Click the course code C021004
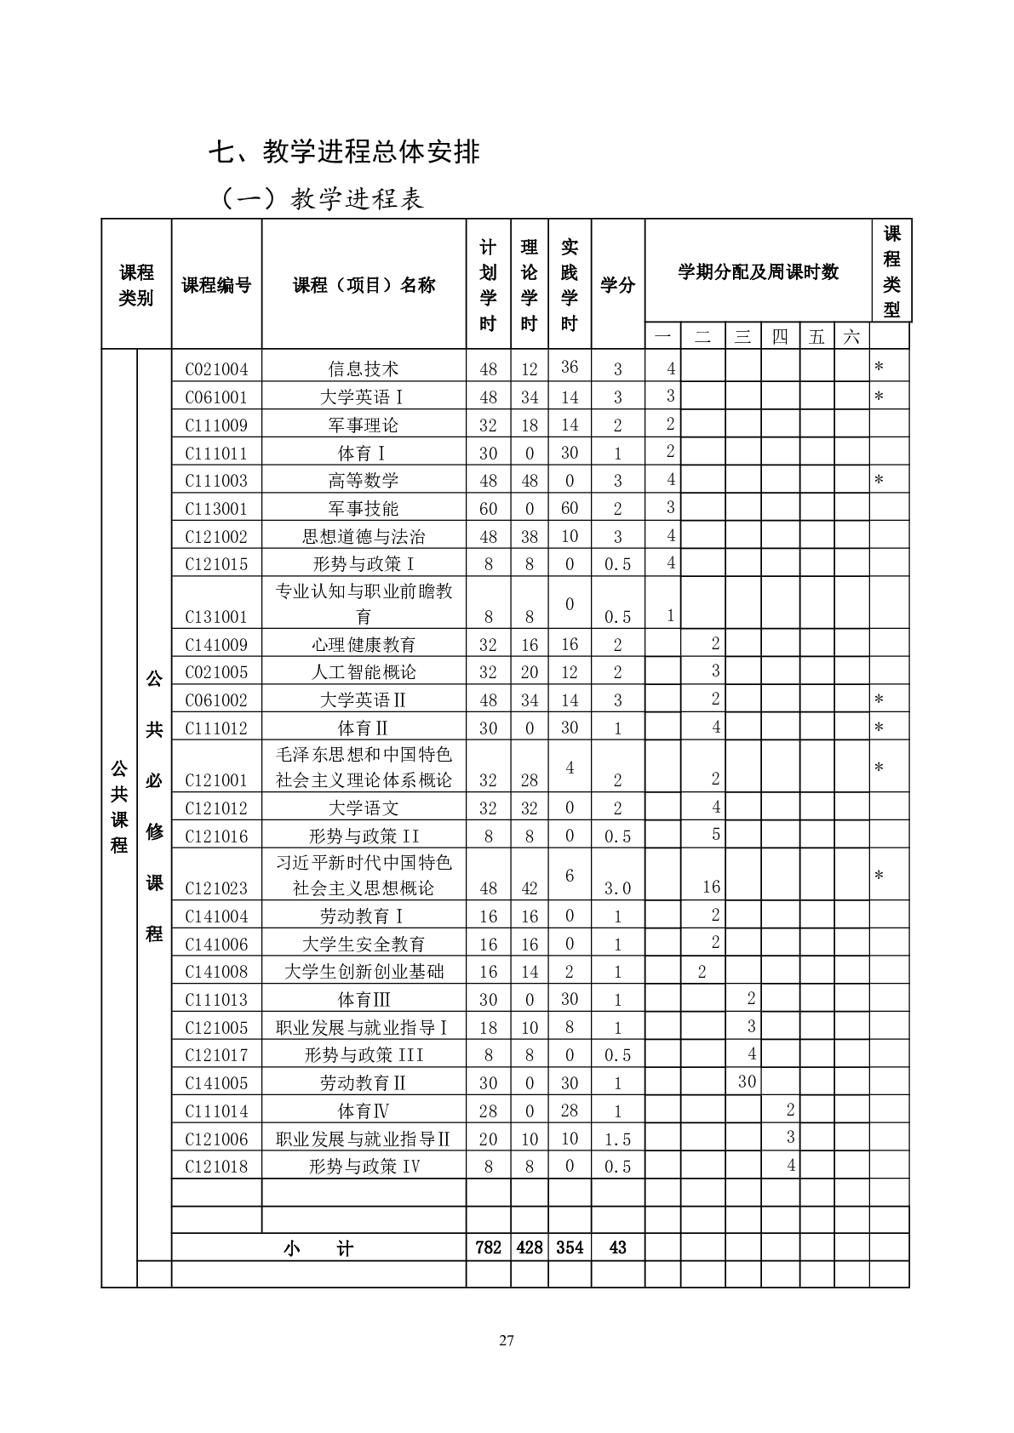(x=216, y=369)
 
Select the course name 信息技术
(x=364, y=369)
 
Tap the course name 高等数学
(x=364, y=481)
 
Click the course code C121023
(x=216, y=888)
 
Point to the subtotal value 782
(x=488, y=1248)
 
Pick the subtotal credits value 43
(x=618, y=1248)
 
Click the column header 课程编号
(x=216, y=286)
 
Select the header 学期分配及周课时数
(x=758, y=272)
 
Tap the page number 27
(x=507, y=1342)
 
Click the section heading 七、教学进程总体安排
(x=345, y=152)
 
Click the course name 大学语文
(x=364, y=808)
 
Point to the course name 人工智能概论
(x=364, y=672)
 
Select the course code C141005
(x=216, y=1083)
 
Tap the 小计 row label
(x=318, y=1248)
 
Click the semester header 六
(x=851, y=337)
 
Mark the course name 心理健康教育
(x=364, y=645)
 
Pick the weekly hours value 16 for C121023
(x=712, y=888)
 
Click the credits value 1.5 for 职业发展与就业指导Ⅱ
(x=618, y=1139)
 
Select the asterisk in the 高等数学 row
(x=879, y=481)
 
